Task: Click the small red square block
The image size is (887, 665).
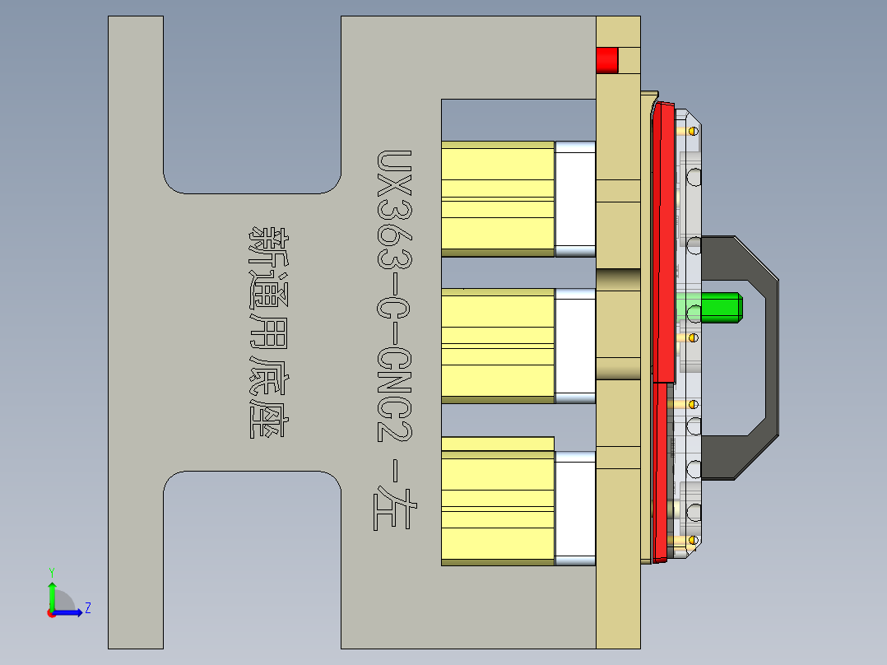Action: pyautogui.click(x=607, y=60)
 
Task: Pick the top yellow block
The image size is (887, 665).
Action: pyautogui.click(x=498, y=198)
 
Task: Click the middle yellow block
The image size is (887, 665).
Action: pyautogui.click(x=498, y=346)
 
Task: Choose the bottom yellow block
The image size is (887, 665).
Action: pyautogui.click(x=498, y=502)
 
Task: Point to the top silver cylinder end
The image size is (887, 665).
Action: pyautogui.click(x=575, y=198)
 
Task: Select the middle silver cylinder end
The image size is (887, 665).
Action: pyautogui.click(x=575, y=346)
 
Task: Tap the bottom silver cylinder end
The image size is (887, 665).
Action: pyautogui.click(x=575, y=508)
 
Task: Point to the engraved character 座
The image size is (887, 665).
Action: pyautogui.click(x=267, y=416)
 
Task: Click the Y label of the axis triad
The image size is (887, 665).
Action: pyautogui.click(x=51, y=571)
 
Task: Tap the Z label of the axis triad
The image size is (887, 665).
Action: pyautogui.click(x=87, y=608)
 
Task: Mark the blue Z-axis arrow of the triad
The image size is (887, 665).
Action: pyautogui.click(x=71, y=612)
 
